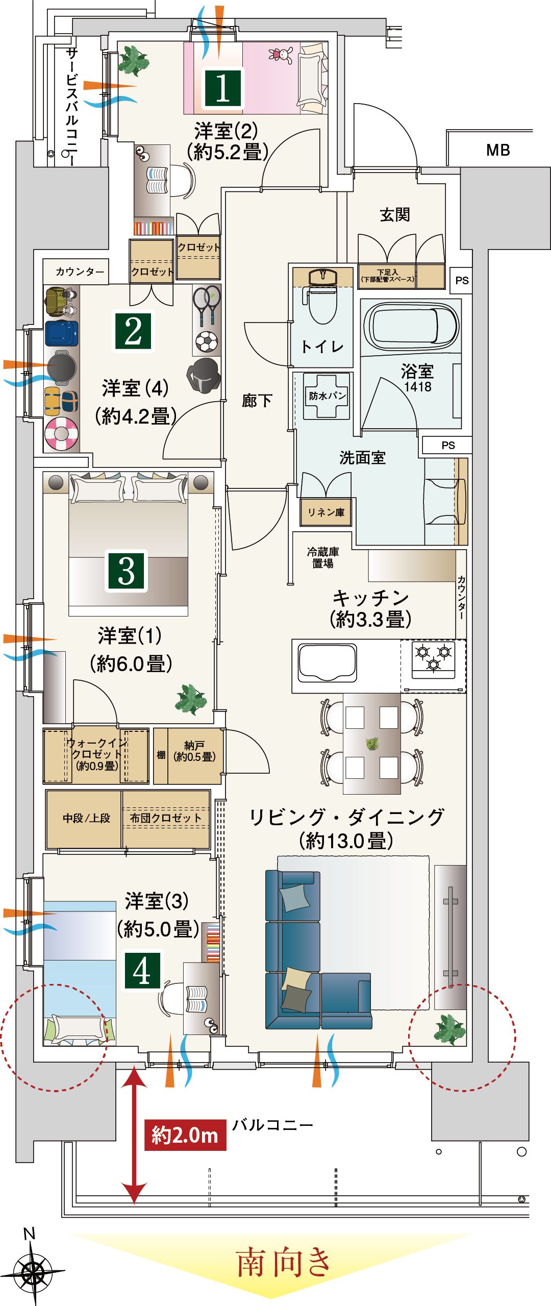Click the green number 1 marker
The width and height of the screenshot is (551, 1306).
223,88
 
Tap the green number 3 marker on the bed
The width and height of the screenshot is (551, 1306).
127,571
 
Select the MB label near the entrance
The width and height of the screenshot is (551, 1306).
498,150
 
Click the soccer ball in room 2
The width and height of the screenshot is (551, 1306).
206,342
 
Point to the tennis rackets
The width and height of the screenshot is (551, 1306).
207,305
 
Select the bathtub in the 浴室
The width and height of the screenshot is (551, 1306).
410,326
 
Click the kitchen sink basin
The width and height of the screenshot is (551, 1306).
328,661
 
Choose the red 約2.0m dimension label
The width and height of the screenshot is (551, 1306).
185,1135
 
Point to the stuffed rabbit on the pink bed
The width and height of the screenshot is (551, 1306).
282,54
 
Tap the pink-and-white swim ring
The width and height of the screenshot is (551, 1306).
61,434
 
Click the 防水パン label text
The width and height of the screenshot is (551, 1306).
327,396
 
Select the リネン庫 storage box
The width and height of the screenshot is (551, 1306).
325,512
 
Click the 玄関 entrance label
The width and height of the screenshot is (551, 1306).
395,214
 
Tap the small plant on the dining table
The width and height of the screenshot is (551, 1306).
372,744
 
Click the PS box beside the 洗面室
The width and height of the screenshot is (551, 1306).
447,445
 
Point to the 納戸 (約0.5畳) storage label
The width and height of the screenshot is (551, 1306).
194,751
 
